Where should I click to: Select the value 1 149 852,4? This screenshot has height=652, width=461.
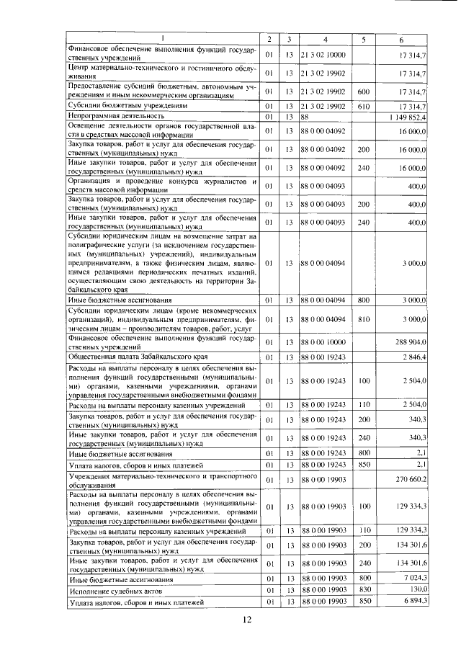point(408,116)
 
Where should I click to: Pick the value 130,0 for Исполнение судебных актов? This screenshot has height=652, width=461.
point(418,589)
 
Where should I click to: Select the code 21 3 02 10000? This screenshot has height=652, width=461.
point(323,54)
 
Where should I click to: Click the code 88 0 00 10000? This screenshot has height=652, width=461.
point(323,343)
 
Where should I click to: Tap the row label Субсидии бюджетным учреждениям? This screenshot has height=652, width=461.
point(122,105)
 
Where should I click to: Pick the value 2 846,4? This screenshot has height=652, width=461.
point(415,357)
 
